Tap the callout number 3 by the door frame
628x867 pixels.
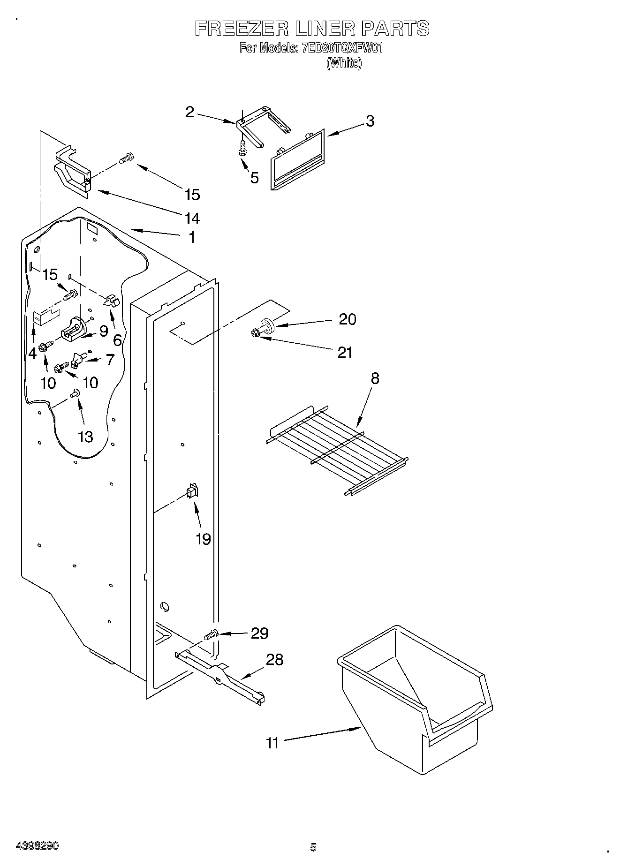pyautogui.click(x=370, y=121)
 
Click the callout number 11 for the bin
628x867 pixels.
pyautogui.click(x=272, y=743)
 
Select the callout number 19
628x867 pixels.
pyautogui.click(x=203, y=539)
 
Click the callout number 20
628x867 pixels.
pyautogui.click(x=348, y=319)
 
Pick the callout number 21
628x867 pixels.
pyautogui.click(x=345, y=352)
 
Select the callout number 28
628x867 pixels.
pyautogui.click(x=274, y=660)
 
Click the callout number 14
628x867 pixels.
pyautogui.click(x=192, y=218)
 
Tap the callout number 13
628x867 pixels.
pyautogui.click(x=85, y=437)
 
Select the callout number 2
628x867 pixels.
pyautogui.click(x=189, y=112)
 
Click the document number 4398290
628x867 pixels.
pyautogui.click(x=37, y=846)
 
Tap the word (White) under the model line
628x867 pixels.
pyautogui.click(x=344, y=63)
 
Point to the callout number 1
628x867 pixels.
pyautogui.click(x=191, y=238)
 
